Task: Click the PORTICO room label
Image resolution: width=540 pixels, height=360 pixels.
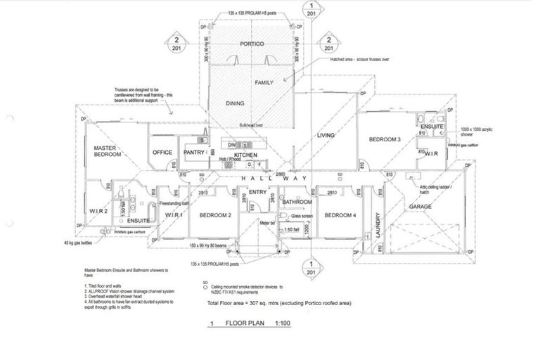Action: (251, 44)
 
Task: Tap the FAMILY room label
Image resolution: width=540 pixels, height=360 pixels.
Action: (264, 83)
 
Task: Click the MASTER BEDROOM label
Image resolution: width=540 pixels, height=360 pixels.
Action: (109, 151)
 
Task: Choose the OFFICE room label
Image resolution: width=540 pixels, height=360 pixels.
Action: (162, 152)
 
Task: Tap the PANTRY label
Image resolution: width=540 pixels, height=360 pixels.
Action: (193, 152)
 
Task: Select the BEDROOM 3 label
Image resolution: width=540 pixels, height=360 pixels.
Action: (385, 140)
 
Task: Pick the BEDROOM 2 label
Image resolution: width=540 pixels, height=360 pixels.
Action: (215, 214)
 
